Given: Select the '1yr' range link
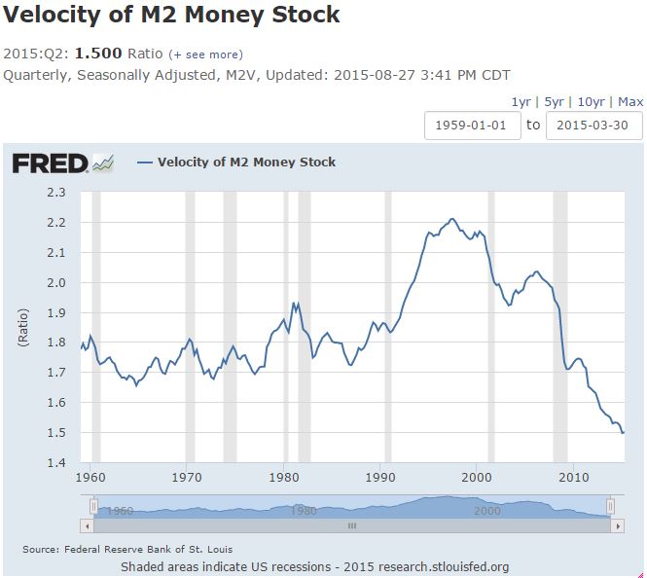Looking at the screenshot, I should pos(521,102).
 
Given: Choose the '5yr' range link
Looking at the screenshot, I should pos(554,102).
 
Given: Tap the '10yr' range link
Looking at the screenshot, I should pos(592,102).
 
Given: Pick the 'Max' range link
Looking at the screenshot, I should pos(630,102).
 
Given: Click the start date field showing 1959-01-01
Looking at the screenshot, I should pos(471,126).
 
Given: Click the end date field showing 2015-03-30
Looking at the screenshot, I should pos(593,126).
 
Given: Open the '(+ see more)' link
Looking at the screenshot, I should pos(206,54).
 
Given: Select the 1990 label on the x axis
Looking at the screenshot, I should pos(380,478).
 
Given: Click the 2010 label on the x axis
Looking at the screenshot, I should pos(573,478).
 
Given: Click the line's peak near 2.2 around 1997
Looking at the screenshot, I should pos(452,219).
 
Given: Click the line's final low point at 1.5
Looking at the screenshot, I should pos(623,432).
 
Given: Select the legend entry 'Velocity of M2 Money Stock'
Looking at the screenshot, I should pos(246,163).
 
